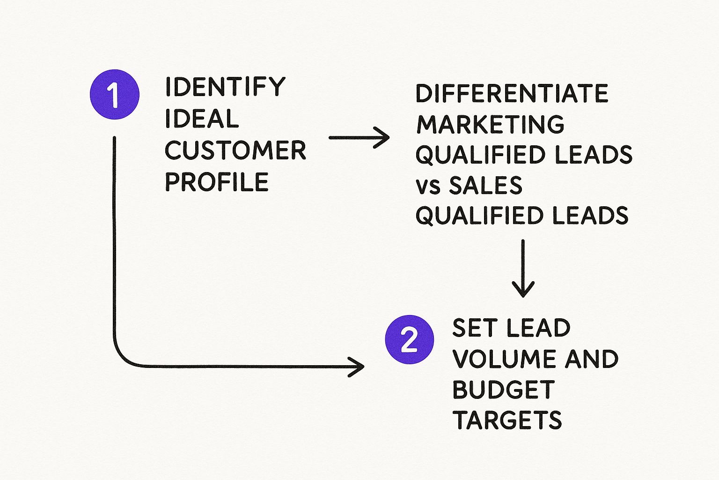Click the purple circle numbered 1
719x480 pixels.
(114, 94)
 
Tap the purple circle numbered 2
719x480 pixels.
(409, 340)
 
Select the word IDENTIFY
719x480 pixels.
(225, 87)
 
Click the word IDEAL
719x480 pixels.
(202, 119)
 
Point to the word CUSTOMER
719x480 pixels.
(235, 150)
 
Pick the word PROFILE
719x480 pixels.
(217, 182)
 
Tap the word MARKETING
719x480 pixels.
(490, 124)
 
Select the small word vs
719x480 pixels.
(428, 186)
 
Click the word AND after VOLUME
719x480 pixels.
(592, 359)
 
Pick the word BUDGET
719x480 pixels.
(503, 390)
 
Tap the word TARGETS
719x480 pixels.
(507, 420)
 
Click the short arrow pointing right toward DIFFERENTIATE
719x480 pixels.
(359, 138)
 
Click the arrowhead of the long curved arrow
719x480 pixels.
(358, 366)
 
